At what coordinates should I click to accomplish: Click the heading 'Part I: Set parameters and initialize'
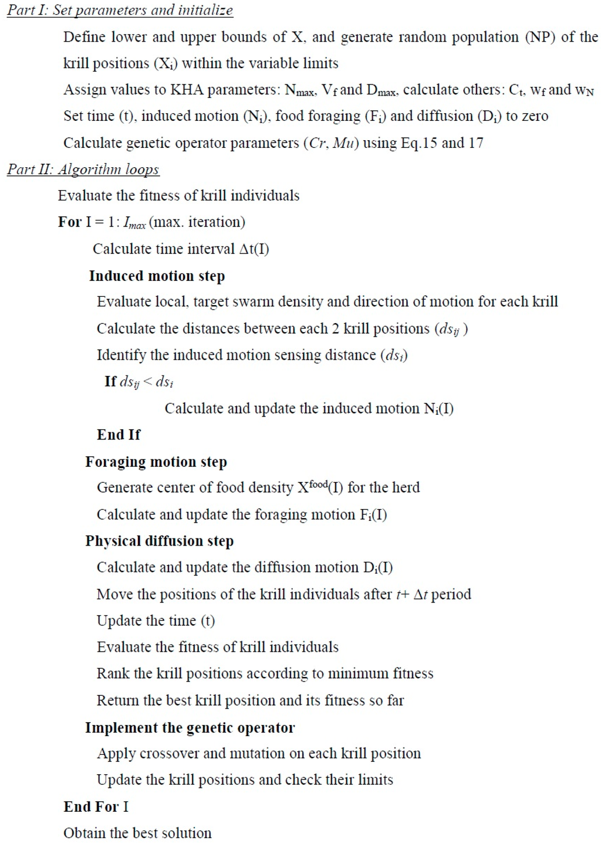pos(120,11)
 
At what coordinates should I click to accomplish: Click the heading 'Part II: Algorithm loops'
pos(83,170)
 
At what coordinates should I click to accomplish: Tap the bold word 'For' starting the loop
pos(69,222)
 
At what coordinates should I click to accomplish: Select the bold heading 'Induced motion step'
pos(157,276)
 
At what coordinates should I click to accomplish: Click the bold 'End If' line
pos(119,435)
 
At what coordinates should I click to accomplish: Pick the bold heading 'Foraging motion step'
pos(156,462)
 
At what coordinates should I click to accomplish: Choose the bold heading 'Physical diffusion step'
pos(159,541)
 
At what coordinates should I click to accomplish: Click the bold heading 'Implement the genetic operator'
pos(190,728)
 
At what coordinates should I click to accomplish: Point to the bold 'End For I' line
pos(96,807)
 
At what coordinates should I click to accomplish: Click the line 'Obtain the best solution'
pos(137,834)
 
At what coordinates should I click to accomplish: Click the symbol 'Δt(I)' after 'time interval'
pos(254,249)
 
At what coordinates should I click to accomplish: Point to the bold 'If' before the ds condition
pos(110,382)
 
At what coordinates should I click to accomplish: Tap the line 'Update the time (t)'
pos(156,621)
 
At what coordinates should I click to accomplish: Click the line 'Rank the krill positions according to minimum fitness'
pos(265,673)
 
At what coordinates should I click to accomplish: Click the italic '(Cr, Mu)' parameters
pos(330,143)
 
